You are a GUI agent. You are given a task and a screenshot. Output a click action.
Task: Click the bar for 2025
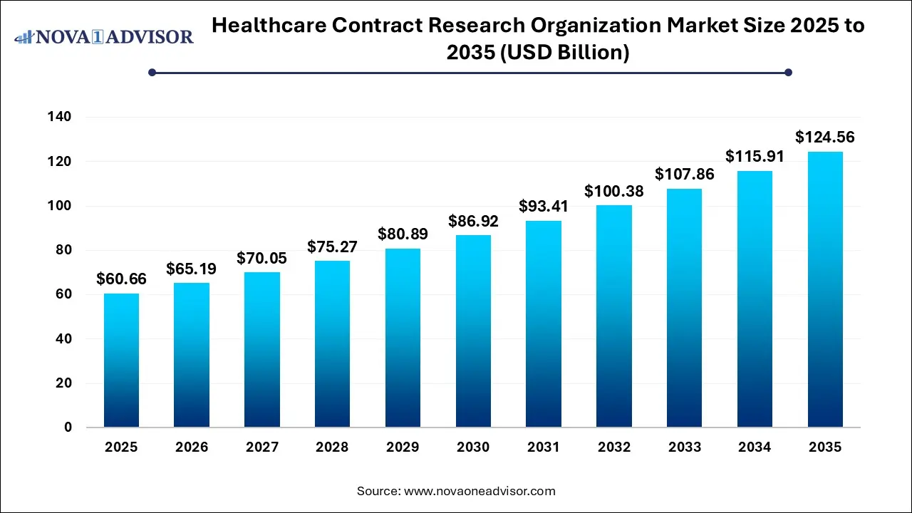(121, 361)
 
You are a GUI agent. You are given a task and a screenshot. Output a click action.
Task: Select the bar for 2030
(473, 331)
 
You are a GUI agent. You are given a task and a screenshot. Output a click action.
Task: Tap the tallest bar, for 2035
(825, 289)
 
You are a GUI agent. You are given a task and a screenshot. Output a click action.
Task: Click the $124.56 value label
(825, 137)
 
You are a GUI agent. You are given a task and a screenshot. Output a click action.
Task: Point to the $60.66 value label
(121, 279)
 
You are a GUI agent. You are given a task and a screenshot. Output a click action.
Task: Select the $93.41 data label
(544, 207)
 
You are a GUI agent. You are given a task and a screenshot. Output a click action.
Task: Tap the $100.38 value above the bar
(613, 191)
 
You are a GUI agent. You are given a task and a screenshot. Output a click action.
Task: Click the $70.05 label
(262, 258)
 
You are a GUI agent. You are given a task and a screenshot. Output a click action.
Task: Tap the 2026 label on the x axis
(192, 447)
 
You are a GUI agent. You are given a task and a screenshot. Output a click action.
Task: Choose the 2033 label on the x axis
(684, 447)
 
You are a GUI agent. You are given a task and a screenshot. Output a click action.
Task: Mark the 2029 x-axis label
(403, 447)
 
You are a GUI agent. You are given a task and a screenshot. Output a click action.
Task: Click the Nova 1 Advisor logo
(104, 36)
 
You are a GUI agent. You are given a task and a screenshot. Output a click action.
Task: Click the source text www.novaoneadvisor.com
(479, 491)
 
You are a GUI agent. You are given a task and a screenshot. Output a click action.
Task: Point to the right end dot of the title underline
(788, 72)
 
